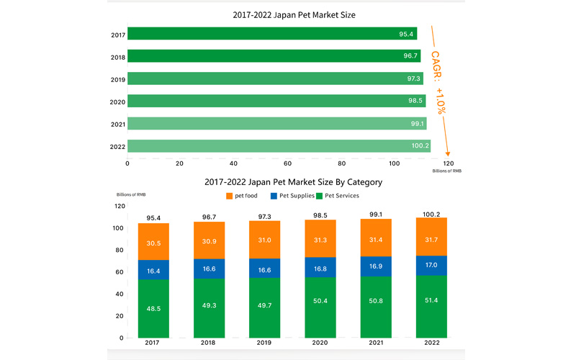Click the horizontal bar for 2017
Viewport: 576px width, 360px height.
(272, 34)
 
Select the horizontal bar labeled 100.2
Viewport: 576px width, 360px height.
(279, 146)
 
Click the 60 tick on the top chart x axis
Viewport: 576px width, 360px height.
(287, 163)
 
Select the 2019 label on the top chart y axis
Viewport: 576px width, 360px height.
(118, 79)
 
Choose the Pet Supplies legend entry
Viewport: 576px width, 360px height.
(294, 196)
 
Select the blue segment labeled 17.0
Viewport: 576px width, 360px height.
(431, 266)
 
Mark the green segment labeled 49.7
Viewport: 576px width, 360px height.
(264, 307)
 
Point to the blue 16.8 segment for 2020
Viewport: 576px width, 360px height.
(320, 268)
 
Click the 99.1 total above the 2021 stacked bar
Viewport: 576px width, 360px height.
(375, 215)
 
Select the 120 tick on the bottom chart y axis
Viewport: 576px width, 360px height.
(120, 207)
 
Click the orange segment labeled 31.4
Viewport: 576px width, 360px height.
(375, 238)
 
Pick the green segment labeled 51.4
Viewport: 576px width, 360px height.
(431, 307)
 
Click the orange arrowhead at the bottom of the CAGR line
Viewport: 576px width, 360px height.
(448, 152)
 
